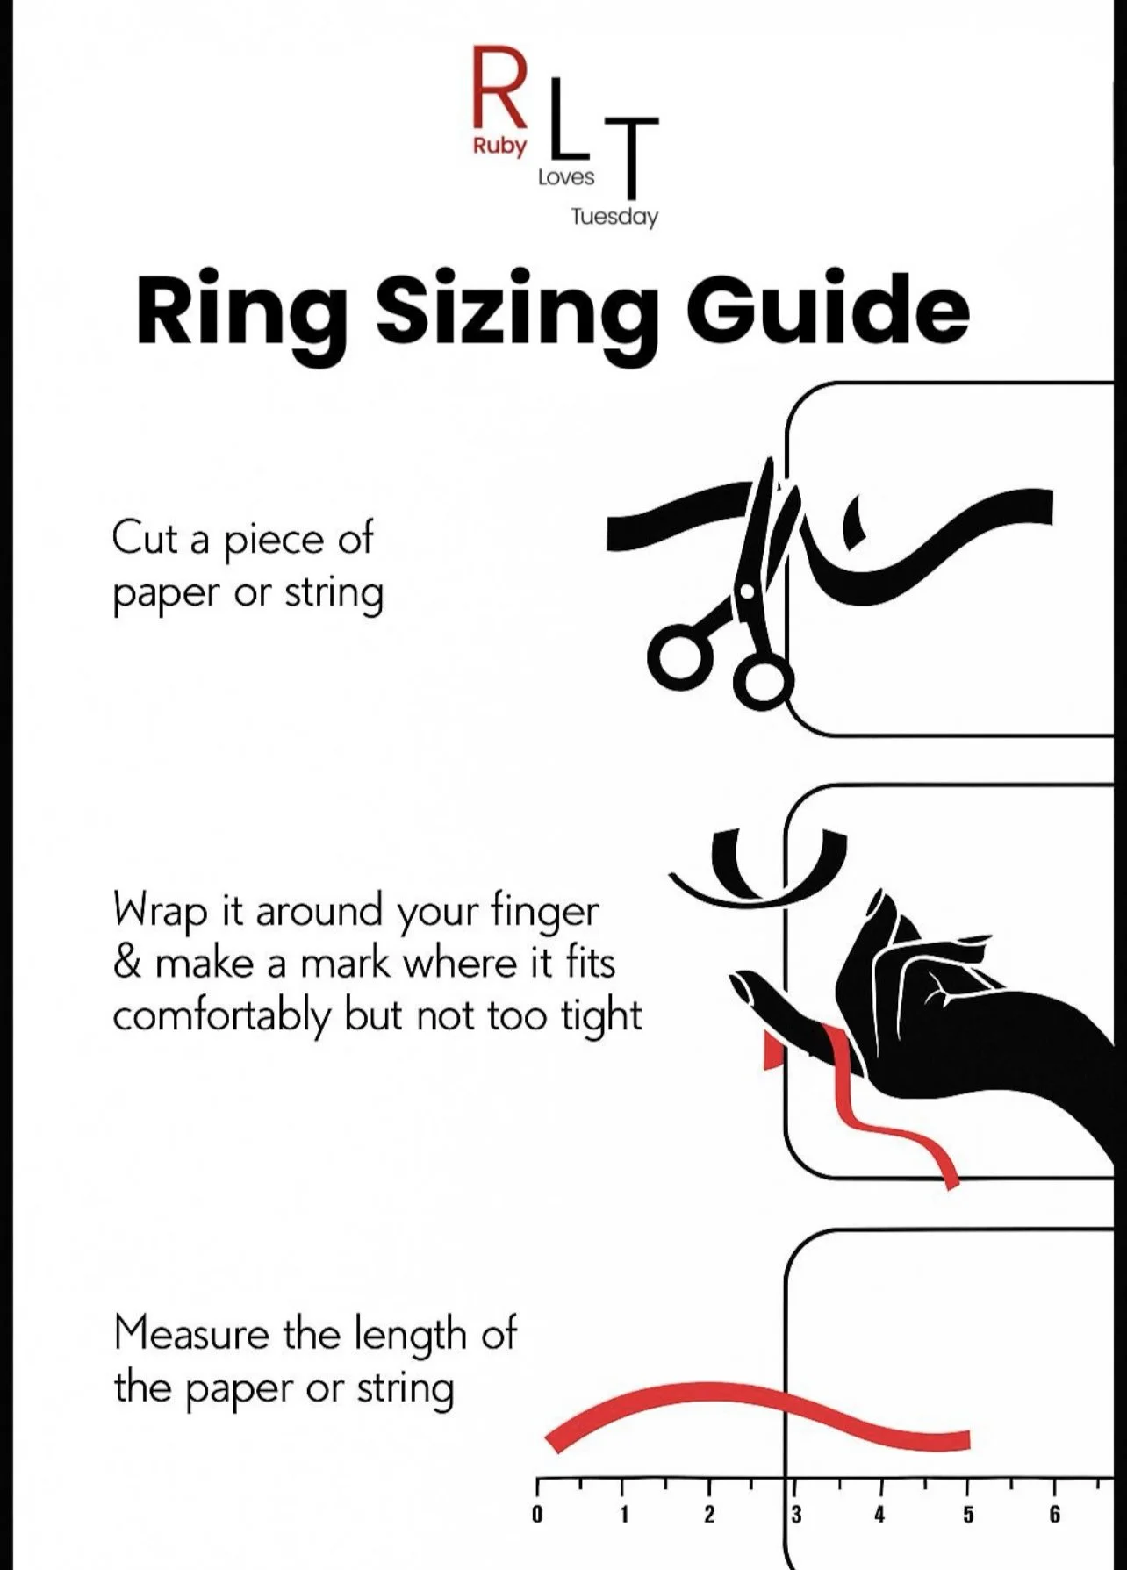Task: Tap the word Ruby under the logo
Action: coord(499,147)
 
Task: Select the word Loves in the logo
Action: coord(566,177)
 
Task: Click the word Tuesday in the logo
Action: coord(614,217)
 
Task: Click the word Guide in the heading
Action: coord(827,308)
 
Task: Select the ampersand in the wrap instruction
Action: coord(127,964)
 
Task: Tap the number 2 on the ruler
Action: coord(709,1515)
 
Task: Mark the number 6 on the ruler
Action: coord(1054,1515)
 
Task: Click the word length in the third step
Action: coord(411,1337)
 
